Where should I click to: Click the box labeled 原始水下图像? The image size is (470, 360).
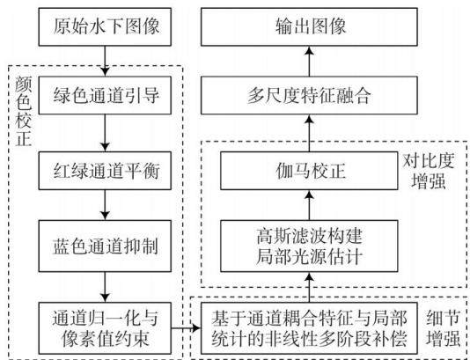pyautogui.click(x=105, y=27)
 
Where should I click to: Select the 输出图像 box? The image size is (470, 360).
pyautogui.click(x=309, y=27)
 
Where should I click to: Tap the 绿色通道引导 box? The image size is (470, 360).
pyautogui.click(x=105, y=95)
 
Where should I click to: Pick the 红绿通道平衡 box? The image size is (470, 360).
pyautogui.click(x=105, y=171)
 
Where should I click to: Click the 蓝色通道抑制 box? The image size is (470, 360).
pyautogui.click(x=105, y=246)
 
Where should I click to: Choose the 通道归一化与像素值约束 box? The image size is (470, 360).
pyautogui.click(x=105, y=328)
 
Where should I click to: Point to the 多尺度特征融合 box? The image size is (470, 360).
pyautogui.click(x=309, y=95)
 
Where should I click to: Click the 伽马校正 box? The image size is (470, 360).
pyautogui.click(x=309, y=171)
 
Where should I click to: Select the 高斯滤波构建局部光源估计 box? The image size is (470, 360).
pyautogui.click(x=309, y=246)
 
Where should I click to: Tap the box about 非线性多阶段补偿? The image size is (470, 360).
pyautogui.click(x=309, y=328)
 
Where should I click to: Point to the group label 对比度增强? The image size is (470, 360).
pyautogui.click(x=428, y=171)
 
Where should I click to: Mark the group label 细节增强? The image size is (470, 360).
pyautogui.click(x=444, y=328)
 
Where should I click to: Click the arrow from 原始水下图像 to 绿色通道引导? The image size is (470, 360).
pyautogui.click(x=105, y=61)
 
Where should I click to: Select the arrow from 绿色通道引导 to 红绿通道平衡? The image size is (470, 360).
pyautogui.click(x=105, y=133)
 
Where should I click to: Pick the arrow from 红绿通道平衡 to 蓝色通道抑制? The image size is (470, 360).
pyautogui.click(x=105, y=205)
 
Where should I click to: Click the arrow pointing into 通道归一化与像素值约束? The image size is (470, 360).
pyautogui.click(x=105, y=287)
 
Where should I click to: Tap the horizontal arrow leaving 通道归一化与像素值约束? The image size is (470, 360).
pyautogui.click(x=186, y=328)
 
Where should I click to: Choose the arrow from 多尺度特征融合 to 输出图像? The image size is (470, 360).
pyautogui.click(x=309, y=61)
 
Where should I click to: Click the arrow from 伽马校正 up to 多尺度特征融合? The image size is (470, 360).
pyautogui.click(x=309, y=133)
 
